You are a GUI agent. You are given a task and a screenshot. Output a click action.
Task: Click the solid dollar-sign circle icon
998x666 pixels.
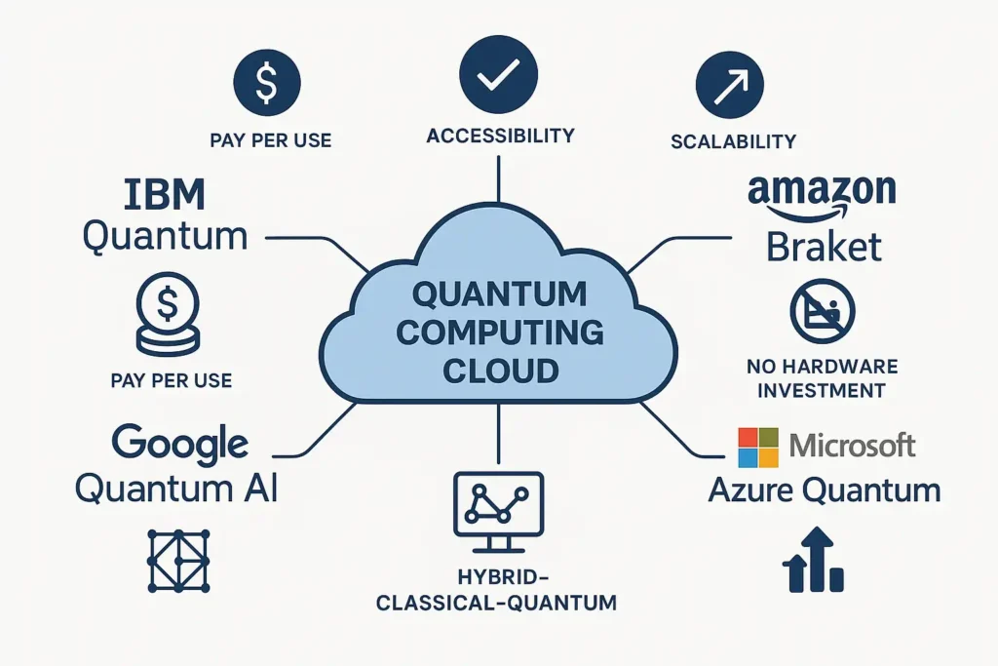(x=266, y=82)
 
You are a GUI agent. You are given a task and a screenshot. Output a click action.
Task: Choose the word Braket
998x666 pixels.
(x=824, y=246)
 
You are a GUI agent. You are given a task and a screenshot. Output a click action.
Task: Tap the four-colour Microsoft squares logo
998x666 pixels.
(x=759, y=448)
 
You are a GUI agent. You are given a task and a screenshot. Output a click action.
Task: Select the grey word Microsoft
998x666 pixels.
(x=853, y=447)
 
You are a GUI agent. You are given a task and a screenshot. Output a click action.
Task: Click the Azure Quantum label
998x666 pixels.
(x=824, y=490)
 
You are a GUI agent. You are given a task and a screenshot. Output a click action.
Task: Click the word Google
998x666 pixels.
(x=180, y=444)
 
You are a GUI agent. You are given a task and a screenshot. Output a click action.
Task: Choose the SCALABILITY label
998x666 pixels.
(x=734, y=141)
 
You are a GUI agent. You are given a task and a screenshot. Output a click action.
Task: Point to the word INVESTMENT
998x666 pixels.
(x=823, y=390)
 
